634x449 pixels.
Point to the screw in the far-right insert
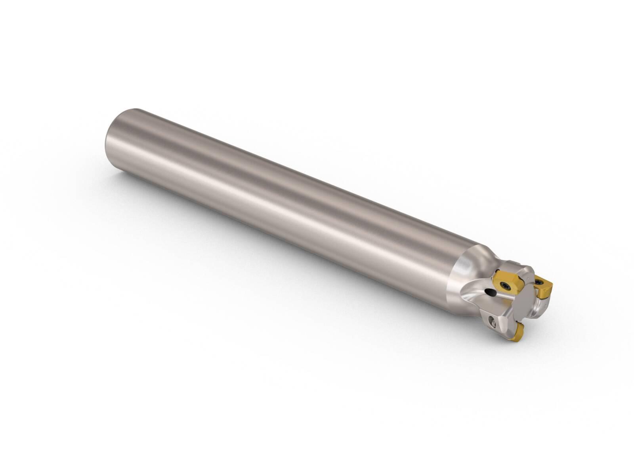[x=539, y=282]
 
